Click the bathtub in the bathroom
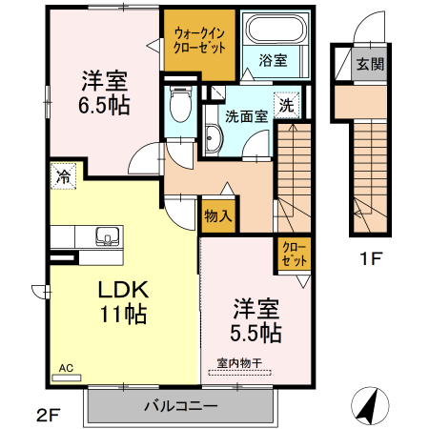274,31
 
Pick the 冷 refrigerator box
63,175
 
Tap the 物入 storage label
218,216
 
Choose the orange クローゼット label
293,253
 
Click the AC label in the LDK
66,367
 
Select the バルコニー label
181,406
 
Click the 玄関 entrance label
370,65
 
